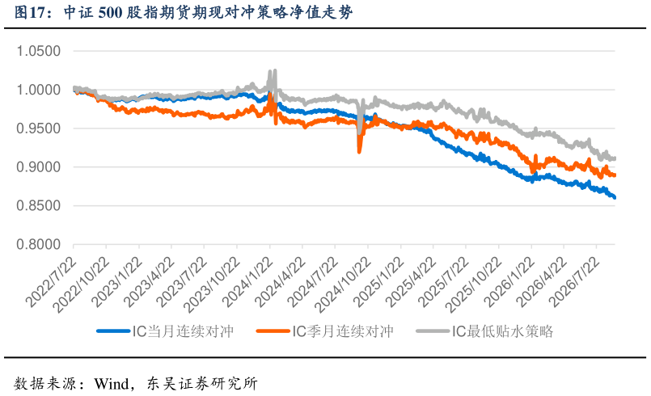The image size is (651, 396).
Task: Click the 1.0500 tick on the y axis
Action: coord(39,51)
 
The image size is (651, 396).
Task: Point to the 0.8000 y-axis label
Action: coord(39,245)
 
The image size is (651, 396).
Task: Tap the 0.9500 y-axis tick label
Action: coord(39,128)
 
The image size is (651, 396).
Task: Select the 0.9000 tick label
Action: coord(39,167)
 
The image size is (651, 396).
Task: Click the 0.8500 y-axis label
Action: coord(39,206)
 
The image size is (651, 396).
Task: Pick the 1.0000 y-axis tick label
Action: coord(39,90)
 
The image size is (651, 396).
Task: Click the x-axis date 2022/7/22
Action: coord(52,281)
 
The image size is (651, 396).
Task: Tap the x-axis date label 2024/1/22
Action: coord(247,281)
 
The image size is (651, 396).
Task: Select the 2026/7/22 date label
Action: coord(574,281)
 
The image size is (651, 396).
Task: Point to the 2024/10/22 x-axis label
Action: coord(343,284)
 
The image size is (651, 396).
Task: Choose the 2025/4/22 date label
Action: coord(411,281)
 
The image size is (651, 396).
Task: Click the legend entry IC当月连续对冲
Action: coord(165,331)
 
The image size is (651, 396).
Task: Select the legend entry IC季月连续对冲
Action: coord(325,331)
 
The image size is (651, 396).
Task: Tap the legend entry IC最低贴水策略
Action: coord(484,331)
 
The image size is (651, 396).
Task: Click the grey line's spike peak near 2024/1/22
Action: coord(274,70)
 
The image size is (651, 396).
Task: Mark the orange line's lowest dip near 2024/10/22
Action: coord(360,152)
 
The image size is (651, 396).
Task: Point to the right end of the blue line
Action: coord(615,197)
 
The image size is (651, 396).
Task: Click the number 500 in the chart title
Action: coord(111,12)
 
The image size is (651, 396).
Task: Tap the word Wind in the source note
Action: coord(112,384)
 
